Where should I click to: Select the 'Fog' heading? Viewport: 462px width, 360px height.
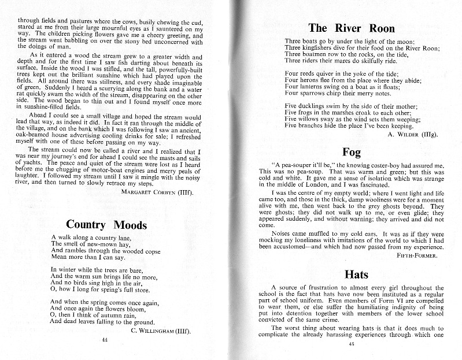[x=351, y=153]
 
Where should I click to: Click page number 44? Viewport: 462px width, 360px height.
[x=105, y=341]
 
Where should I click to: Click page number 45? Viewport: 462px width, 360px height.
[x=351, y=344]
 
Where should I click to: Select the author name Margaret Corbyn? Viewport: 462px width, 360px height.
[x=157, y=191]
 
